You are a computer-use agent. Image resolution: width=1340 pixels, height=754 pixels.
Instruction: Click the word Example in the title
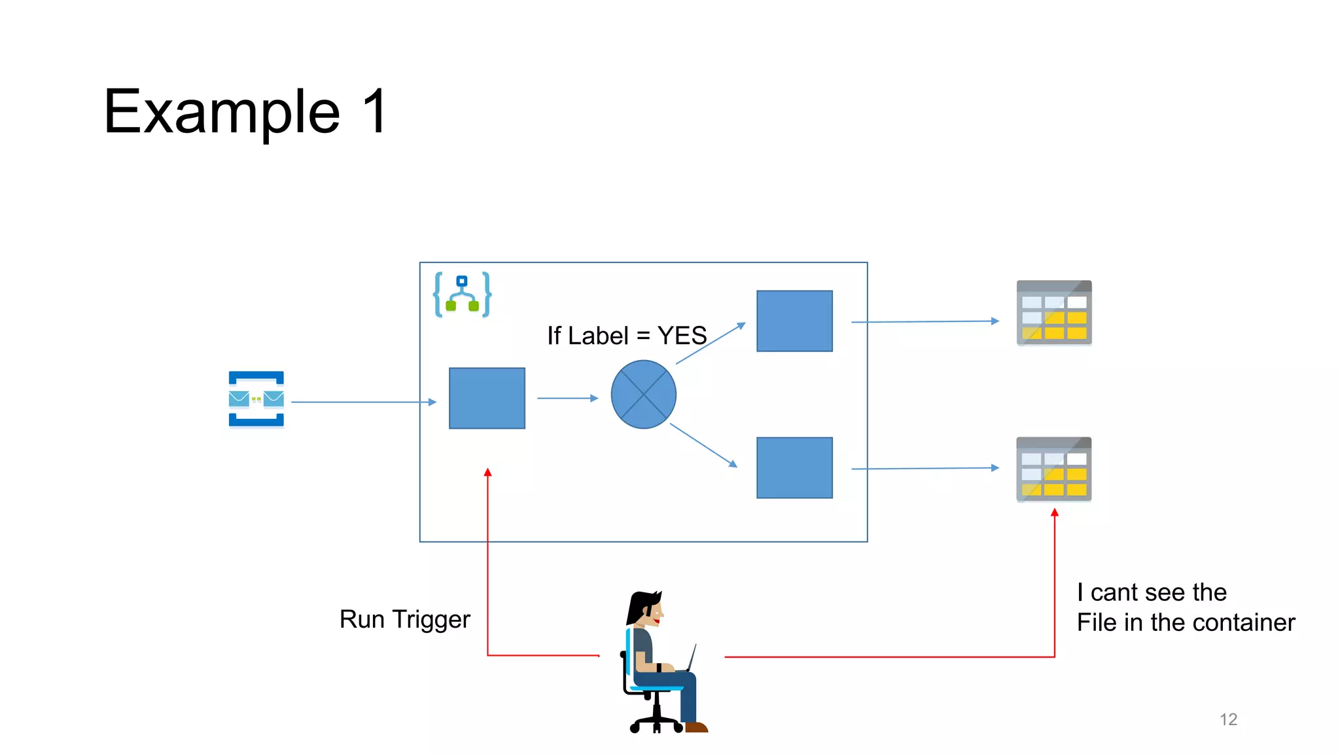point(222,113)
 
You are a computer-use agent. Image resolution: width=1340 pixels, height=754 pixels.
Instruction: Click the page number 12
point(1228,719)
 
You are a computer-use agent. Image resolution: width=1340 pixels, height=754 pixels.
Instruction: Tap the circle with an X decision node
point(643,395)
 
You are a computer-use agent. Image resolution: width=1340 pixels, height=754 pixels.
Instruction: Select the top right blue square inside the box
point(794,321)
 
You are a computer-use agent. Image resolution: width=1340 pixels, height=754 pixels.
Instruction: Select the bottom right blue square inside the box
point(794,468)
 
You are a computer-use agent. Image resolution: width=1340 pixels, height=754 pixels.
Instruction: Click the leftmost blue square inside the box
point(487,398)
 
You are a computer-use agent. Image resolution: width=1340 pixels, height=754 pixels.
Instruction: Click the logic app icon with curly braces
point(462,295)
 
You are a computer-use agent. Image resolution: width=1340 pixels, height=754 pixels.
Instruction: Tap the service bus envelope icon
point(256,399)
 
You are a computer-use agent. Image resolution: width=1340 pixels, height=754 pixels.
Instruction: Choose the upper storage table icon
point(1053,313)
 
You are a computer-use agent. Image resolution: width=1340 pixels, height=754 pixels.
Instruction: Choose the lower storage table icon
point(1053,469)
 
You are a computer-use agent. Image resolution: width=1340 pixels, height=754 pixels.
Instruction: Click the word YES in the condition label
point(682,336)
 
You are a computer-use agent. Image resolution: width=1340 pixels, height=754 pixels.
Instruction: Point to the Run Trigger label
point(404,619)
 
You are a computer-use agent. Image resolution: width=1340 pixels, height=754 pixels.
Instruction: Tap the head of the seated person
point(648,607)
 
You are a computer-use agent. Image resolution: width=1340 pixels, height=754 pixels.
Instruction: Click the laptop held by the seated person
point(690,658)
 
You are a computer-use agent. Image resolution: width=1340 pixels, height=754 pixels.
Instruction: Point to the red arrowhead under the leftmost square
point(487,473)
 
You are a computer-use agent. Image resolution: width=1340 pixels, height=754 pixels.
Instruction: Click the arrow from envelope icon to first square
point(363,402)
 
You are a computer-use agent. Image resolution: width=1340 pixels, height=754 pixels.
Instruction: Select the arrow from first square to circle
point(567,398)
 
